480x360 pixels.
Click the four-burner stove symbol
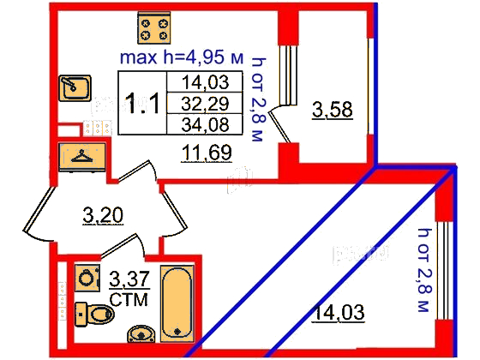tap(154, 27)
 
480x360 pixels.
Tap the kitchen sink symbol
tap(75, 87)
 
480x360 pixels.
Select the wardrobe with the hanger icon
tap(82, 157)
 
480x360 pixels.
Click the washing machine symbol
tap(87, 278)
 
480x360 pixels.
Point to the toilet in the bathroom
tap(94, 314)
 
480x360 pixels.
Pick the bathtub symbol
tap(177, 303)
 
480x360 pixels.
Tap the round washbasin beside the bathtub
tap(141, 334)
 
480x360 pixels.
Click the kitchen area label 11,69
tap(207, 153)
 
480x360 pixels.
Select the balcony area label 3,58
tap(333, 110)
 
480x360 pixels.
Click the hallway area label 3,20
tap(103, 215)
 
